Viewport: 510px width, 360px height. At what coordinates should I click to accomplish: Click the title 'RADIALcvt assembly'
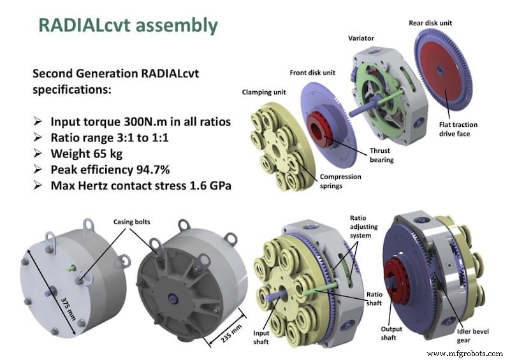(x=128, y=25)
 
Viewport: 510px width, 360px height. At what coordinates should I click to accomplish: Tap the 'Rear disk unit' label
(x=430, y=23)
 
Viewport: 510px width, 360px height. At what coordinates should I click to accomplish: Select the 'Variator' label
(x=361, y=38)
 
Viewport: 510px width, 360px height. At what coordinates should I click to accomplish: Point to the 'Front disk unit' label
(x=312, y=73)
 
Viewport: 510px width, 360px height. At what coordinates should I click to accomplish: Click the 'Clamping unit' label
(x=264, y=92)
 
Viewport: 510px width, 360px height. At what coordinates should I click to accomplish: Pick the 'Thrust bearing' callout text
(x=381, y=155)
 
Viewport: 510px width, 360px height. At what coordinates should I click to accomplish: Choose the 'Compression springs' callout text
(x=340, y=181)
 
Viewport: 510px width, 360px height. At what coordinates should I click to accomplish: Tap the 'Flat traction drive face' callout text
(x=458, y=129)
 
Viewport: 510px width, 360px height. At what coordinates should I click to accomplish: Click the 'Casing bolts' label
(x=132, y=222)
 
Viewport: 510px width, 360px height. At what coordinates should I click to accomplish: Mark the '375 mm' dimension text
(x=68, y=308)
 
